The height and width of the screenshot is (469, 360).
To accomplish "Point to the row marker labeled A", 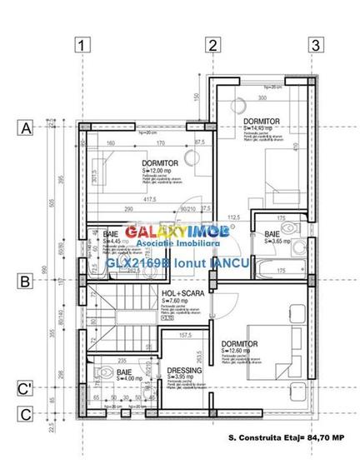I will pyautogui.click(x=26, y=128).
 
